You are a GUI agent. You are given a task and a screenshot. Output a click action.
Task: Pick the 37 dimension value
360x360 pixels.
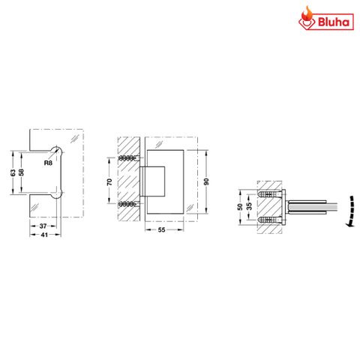43,226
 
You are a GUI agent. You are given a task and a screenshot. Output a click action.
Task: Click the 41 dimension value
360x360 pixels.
43,235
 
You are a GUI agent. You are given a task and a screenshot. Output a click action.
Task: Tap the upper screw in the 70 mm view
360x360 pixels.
128,158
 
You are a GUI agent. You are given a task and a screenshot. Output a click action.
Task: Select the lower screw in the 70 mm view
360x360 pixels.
128,203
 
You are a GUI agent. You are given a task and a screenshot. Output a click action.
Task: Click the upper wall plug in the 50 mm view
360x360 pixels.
268,194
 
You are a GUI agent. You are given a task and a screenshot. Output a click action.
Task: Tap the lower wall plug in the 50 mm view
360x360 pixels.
268,220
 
